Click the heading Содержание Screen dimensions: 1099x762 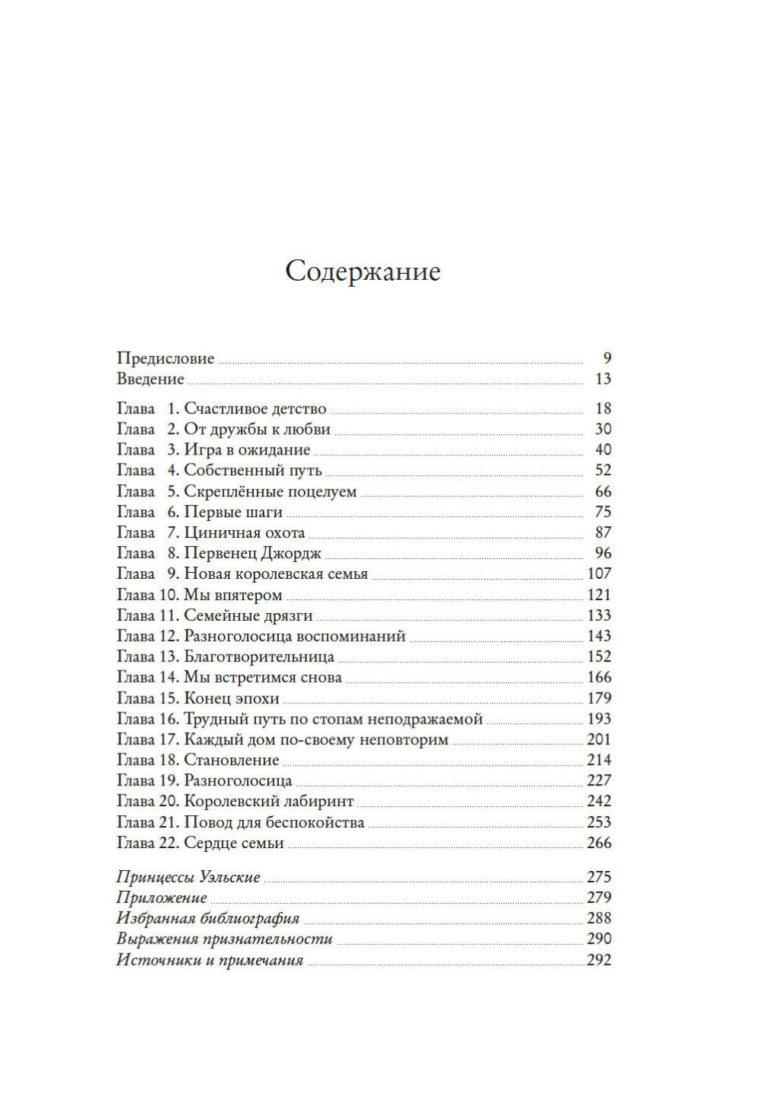point(363,272)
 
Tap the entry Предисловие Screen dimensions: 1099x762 point(165,358)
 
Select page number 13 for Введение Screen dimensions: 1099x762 point(603,379)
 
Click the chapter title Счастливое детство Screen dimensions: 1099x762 point(255,409)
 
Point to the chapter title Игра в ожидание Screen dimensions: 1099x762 point(247,450)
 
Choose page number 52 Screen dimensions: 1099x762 point(603,471)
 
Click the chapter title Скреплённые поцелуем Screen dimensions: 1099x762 point(271,492)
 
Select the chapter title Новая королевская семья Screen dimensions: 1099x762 point(276,574)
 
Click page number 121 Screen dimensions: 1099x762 point(599,595)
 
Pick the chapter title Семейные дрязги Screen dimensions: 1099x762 point(248,615)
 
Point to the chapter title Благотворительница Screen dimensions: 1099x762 point(259,657)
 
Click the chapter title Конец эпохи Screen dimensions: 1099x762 point(232,699)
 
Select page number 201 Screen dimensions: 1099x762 point(599,740)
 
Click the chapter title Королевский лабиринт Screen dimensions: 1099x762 point(269,802)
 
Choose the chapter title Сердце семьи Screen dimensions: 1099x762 point(234,844)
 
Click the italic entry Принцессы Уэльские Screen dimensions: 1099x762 point(188,878)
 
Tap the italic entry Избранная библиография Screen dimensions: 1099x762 point(208,919)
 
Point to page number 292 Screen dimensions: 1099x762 point(599,960)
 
